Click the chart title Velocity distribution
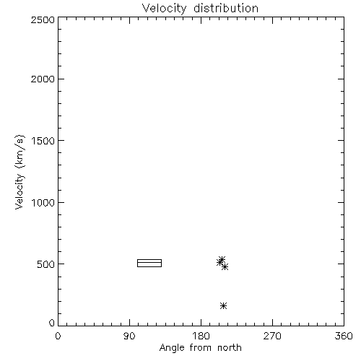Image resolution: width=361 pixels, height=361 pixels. point(200,8)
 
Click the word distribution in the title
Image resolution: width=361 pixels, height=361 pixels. point(226,8)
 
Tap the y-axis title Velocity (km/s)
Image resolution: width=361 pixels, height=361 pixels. point(19,172)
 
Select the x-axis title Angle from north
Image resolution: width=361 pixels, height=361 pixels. point(200,347)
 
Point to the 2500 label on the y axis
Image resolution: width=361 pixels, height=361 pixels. point(43,19)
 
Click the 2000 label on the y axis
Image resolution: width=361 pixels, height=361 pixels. point(43,79)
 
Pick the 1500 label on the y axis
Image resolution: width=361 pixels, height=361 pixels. point(43,141)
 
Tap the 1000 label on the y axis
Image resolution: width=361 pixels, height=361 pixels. point(43,203)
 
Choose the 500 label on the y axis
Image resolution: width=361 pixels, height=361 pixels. point(46,264)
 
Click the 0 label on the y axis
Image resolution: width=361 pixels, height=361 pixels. point(52,323)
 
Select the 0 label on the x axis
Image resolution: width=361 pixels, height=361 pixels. point(58,336)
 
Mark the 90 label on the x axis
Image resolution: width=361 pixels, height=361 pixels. point(129,336)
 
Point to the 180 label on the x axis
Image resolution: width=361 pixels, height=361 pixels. point(201,336)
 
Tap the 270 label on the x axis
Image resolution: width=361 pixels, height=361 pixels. point(272,336)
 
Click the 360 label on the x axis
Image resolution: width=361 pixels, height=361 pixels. point(344,336)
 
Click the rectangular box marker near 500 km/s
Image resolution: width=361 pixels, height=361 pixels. point(149,260)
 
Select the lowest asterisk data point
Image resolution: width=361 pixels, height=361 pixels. point(223,305)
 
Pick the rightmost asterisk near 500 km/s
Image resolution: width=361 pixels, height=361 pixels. point(225,266)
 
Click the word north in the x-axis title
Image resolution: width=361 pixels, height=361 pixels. point(230,347)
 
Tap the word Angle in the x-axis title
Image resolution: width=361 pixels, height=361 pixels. point(172,348)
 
